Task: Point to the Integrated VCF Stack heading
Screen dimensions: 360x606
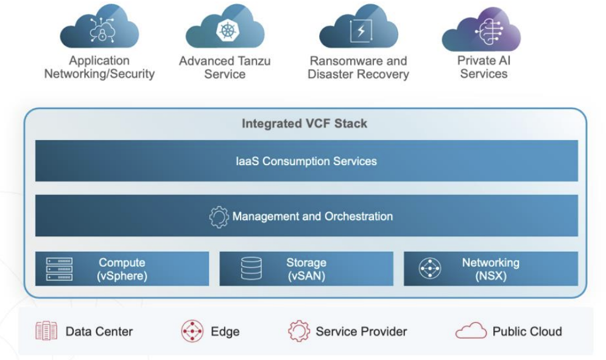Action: pyautogui.click(x=304, y=124)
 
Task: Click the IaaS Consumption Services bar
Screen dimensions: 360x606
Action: pyautogui.click(x=306, y=161)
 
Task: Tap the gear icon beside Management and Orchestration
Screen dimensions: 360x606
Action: pyautogui.click(x=219, y=217)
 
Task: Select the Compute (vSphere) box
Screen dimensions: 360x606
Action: pyautogui.click(x=122, y=269)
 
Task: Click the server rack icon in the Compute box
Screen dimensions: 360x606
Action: pyautogui.click(x=59, y=269)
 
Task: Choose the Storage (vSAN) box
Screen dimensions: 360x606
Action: pyautogui.click(x=306, y=269)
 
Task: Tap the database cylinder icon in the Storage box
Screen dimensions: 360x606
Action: pyautogui.click(x=251, y=269)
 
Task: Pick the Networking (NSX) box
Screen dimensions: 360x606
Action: pyautogui.click(x=490, y=269)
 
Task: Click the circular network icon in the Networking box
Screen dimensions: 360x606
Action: pyautogui.click(x=430, y=269)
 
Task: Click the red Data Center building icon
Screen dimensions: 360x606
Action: pyautogui.click(x=46, y=331)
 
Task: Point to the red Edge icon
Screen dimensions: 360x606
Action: pyautogui.click(x=192, y=331)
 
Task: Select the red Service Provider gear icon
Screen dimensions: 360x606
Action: pyautogui.click(x=298, y=331)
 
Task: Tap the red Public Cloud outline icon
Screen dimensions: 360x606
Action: pyautogui.click(x=471, y=331)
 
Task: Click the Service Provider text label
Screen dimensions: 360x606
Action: pyautogui.click(x=361, y=332)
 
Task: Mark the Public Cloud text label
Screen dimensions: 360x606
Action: pyautogui.click(x=527, y=332)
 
